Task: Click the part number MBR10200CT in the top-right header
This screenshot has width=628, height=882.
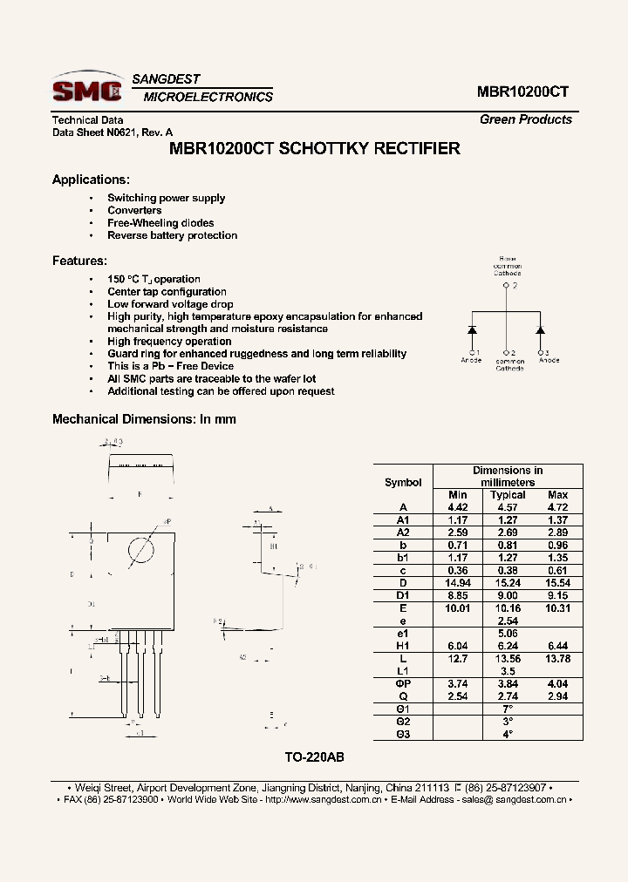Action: tap(523, 92)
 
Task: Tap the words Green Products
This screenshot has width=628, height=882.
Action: tap(526, 119)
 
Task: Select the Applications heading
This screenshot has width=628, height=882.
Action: tap(91, 180)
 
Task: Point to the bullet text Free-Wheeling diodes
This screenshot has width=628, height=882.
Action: tap(160, 223)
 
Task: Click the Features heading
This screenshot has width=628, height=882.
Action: tap(79, 261)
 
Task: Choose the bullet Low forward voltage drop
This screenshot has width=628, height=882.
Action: tap(170, 304)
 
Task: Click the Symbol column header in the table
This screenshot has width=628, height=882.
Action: tap(403, 482)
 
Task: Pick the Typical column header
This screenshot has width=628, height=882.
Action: tap(508, 495)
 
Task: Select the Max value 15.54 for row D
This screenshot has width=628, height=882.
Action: tap(557, 582)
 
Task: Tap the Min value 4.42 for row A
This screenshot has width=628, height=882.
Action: tap(458, 507)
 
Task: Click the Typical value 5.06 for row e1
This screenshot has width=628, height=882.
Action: tap(508, 633)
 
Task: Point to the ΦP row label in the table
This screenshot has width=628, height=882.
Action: tap(401, 684)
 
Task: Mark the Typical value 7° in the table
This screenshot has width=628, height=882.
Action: tap(508, 709)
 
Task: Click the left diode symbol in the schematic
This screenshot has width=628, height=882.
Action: tap(472, 331)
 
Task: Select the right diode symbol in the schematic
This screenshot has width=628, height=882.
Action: tap(541, 331)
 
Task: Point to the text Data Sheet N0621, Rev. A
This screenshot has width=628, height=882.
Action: tap(107, 132)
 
